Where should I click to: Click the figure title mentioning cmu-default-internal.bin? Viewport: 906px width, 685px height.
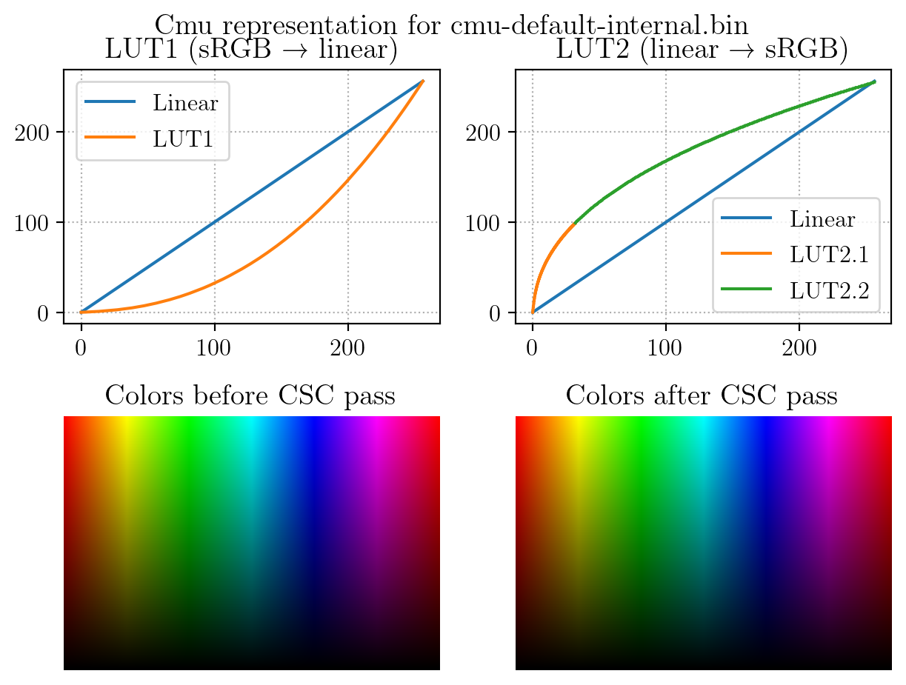pyautogui.click(x=452, y=25)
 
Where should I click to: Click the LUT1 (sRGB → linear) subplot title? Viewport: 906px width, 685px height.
pyautogui.click(x=251, y=50)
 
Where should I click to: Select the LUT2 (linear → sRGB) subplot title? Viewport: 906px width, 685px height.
pyautogui.click(x=702, y=50)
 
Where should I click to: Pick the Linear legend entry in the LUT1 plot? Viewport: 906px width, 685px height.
pyautogui.click(x=185, y=102)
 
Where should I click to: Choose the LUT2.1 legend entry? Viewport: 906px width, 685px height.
pyautogui.click(x=829, y=255)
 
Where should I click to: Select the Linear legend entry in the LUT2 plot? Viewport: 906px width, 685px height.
pyautogui.click(x=822, y=219)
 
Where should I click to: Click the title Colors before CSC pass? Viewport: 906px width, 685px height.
pyautogui.click(x=250, y=396)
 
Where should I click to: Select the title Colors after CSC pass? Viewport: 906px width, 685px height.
pyautogui.click(x=702, y=396)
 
